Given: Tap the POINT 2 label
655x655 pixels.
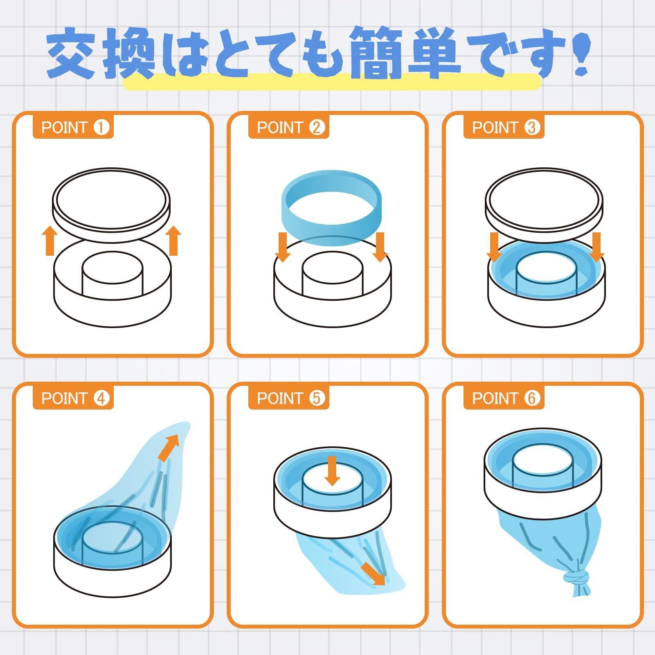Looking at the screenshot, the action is pos(289,128).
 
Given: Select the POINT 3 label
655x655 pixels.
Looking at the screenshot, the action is pos(504,128).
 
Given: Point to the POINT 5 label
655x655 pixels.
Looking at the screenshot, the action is pos(289,398).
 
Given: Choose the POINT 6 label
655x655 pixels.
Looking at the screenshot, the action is pos(504,398).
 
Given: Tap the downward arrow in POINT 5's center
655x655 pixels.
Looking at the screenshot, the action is pos(332,471).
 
